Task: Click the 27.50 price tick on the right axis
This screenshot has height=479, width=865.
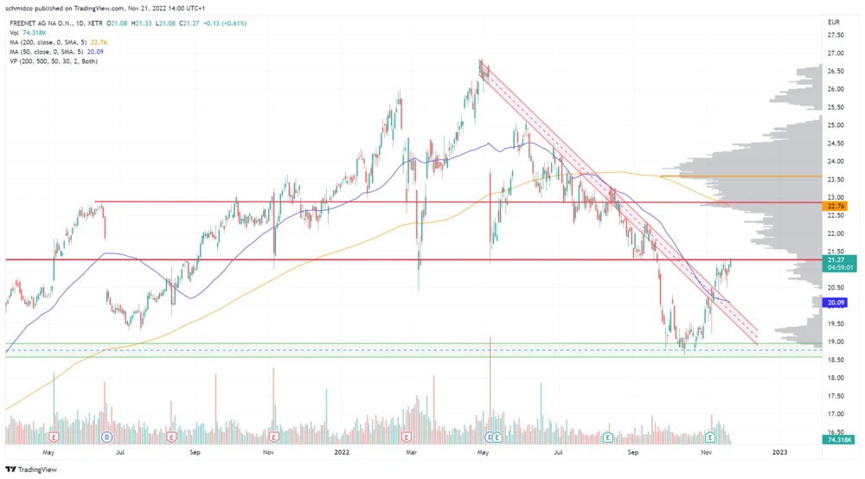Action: click(836, 35)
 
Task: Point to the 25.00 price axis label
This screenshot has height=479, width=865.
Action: click(836, 125)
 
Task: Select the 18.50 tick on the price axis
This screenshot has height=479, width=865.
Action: click(836, 378)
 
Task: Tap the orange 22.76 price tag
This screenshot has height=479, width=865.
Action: click(836, 207)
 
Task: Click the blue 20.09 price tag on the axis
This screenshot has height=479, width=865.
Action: click(836, 303)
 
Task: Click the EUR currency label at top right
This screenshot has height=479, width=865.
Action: click(834, 22)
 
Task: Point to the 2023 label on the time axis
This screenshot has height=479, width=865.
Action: click(779, 451)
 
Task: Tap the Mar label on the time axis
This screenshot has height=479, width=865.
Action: click(412, 451)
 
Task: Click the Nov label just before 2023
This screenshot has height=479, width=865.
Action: click(707, 451)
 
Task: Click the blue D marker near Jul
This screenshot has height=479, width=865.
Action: click(107, 437)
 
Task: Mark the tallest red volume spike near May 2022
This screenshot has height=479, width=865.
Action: click(490, 380)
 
